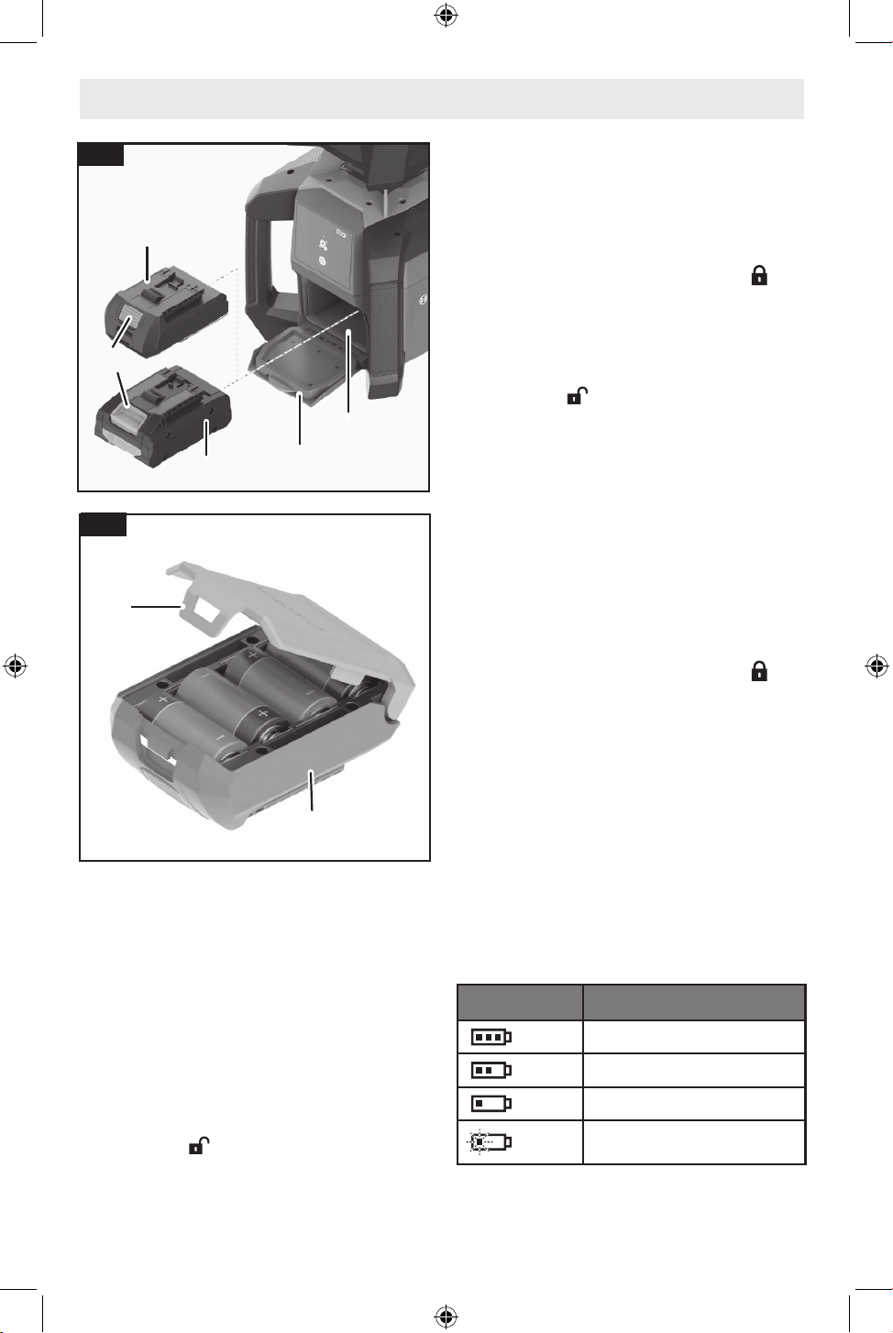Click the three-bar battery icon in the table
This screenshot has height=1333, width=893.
491,1037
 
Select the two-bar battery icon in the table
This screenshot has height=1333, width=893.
491,1070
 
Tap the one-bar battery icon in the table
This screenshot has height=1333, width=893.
491,1104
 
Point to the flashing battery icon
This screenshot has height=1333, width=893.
490,1142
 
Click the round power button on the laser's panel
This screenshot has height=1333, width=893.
321,260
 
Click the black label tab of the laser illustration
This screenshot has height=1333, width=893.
101,154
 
